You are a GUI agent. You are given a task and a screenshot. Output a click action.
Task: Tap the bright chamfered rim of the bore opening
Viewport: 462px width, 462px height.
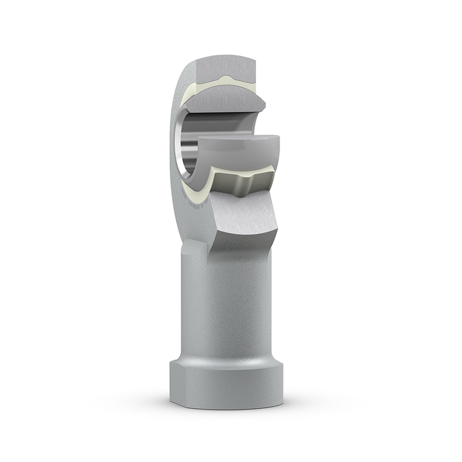click(184, 162)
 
